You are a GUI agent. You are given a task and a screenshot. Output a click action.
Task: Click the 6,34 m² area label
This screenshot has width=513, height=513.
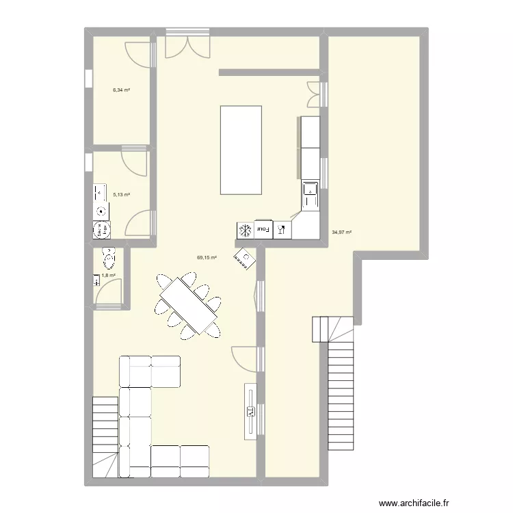click(x=122, y=90)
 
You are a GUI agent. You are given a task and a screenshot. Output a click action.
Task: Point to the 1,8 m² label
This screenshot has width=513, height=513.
click(x=108, y=276)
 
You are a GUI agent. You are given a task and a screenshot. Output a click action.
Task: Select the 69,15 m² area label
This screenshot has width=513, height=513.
click(x=207, y=258)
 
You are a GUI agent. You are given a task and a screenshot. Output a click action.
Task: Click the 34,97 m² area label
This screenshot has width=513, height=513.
click(x=342, y=232)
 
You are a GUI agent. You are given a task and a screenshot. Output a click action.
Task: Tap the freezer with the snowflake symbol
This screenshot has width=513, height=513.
click(x=245, y=231)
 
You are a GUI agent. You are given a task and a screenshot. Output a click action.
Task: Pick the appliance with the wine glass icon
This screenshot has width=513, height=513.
click(x=281, y=230)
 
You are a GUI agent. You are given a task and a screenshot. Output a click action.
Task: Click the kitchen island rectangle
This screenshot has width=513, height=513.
click(x=241, y=150)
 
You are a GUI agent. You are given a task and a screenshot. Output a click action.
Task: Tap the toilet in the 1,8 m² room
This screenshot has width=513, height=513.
click(x=107, y=258)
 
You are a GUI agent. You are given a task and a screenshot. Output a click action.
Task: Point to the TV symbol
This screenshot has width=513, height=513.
click(x=251, y=410)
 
